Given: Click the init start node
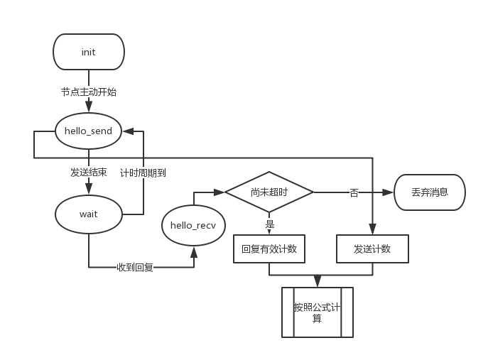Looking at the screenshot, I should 89,52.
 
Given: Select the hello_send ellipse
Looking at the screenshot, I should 88,131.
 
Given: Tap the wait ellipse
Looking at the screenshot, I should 88,214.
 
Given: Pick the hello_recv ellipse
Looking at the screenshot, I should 193,226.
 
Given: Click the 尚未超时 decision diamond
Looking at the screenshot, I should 269,192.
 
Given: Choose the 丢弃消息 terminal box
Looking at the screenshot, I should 430,192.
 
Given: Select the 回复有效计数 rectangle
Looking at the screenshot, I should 269,249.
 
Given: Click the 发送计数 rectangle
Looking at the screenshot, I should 372,249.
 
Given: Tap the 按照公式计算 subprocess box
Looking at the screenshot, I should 318,312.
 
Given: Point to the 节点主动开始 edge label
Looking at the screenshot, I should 89,92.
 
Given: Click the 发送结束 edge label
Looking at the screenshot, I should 88,172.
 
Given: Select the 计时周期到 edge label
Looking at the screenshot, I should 143,172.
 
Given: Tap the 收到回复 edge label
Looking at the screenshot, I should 135,267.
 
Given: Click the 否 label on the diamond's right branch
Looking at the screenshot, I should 354,192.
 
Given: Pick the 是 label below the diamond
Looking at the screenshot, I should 270,223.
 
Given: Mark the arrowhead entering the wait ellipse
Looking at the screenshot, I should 88,190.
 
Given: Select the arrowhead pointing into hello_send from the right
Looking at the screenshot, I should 126,131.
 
